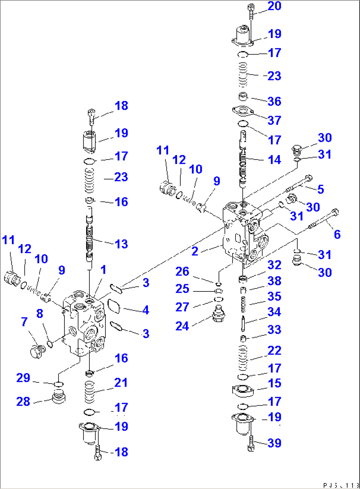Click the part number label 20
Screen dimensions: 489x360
[x=274, y=6]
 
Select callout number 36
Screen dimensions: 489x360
[x=274, y=101]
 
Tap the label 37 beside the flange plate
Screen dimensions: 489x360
[x=274, y=120]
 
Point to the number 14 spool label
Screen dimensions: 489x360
[x=274, y=160]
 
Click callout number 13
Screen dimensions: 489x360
[x=121, y=244]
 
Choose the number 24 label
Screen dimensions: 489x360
[x=182, y=326]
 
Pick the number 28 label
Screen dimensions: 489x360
[x=23, y=402]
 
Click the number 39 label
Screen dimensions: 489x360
[x=274, y=443]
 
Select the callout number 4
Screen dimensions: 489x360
[x=145, y=310]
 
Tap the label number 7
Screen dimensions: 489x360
[x=24, y=321]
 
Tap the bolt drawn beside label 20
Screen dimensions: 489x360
[x=251, y=11]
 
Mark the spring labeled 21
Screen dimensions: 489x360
[x=90, y=392]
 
